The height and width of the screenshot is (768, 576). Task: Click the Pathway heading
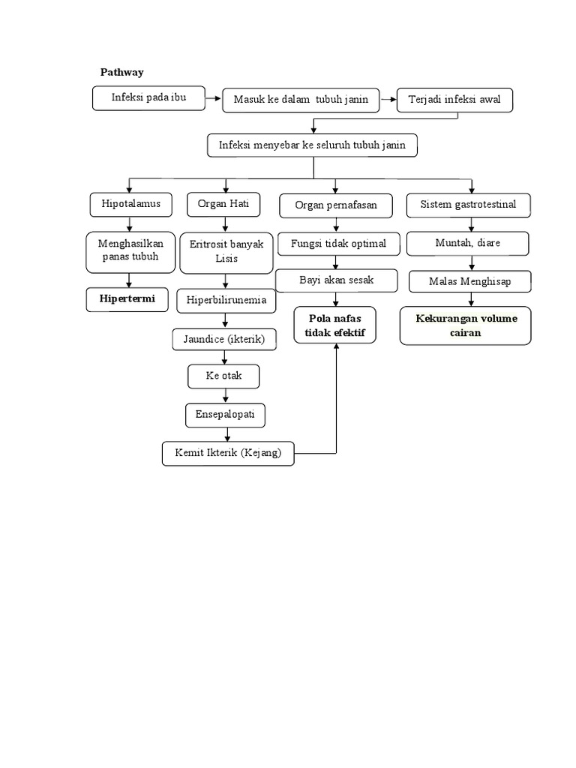(x=121, y=72)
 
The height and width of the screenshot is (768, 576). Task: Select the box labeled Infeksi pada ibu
(x=148, y=98)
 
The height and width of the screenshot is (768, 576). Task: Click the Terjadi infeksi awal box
(x=454, y=100)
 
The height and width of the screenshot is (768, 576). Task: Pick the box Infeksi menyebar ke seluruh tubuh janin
(x=312, y=145)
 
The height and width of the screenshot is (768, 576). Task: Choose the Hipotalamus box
(x=130, y=204)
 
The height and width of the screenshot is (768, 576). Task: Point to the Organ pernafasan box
(x=335, y=205)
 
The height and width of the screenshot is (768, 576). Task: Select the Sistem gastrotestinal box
(x=468, y=205)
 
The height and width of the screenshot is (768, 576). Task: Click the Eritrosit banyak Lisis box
(x=226, y=252)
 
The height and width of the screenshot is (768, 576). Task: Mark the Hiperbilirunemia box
(x=226, y=301)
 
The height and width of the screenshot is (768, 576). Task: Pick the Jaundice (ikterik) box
(x=223, y=339)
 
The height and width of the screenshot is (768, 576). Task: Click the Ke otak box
(x=223, y=376)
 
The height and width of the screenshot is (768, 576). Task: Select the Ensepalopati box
(x=225, y=414)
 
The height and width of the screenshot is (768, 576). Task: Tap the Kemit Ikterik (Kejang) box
(x=228, y=454)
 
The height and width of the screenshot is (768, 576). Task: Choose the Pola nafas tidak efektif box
(x=335, y=325)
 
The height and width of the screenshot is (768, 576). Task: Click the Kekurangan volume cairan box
(x=466, y=325)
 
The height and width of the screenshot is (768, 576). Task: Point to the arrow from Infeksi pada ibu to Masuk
(x=213, y=98)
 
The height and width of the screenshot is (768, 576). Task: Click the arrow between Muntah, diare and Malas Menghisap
(x=471, y=262)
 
